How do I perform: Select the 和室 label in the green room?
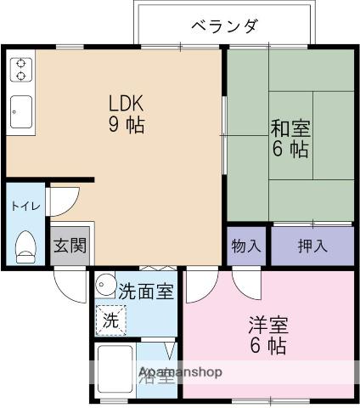click(x=290, y=129)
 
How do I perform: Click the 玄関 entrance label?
click(x=69, y=246)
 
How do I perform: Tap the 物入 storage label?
click(x=246, y=246)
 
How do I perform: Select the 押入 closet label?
click(x=312, y=246)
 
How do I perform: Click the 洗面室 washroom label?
click(x=145, y=291)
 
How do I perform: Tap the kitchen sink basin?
click(x=21, y=109)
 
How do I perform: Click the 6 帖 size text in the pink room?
click(x=267, y=346)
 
